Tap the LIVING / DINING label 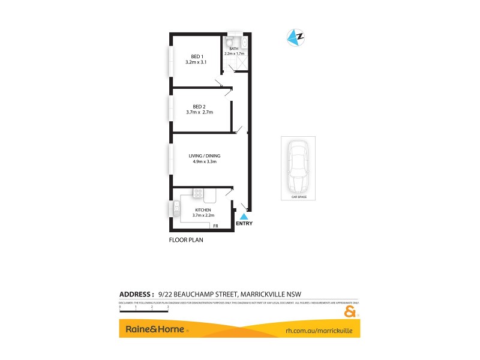tap(200, 156)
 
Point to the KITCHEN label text tap(203, 209)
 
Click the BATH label tap(234, 49)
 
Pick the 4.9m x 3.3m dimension tap(200, 162)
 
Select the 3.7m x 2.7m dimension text tap(200, 112)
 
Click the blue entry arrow tap(244, 216)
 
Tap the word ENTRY tap(244, 224)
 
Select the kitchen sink tap(176, 208)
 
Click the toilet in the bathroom tap(229, 42)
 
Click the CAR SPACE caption tap(298, 196)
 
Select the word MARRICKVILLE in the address tap(266, 294)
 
